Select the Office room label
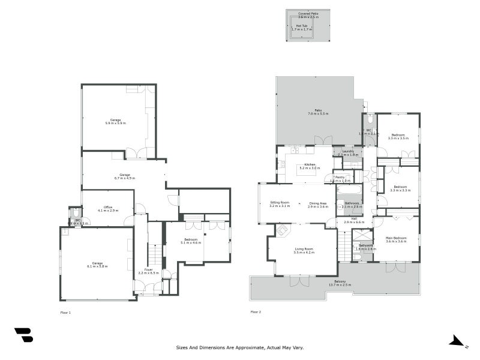(x=107, y=209)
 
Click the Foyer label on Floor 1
(x=148, y=271)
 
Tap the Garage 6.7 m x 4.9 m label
(x=125, y=176)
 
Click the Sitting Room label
(x=280, y=204)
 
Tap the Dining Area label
(x=318, y=204)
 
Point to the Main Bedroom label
(x=396, y=239)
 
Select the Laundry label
(x=348, y=153)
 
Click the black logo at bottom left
(x=23, y=335)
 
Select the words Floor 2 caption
(x=256, y=312)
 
